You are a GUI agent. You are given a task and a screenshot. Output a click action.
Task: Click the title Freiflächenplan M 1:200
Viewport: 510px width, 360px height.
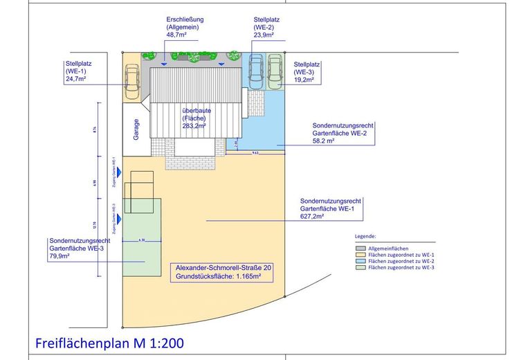click(x=109, y=343)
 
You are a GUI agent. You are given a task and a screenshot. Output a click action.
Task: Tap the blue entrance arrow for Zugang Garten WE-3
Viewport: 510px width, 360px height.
click(x=119, y=219)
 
